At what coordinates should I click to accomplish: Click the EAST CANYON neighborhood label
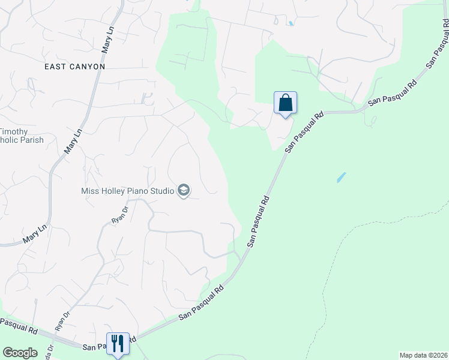pyautogui.click(x=74, y=66)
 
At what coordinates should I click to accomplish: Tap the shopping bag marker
pyautogui.click(x=286, y=103)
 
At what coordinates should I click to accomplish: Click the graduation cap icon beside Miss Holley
pyautogui.click(x=184, y=191)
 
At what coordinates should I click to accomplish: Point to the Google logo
pyautogui.click(x=20, y=353)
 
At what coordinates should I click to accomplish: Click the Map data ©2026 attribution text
pyautogui.click(x=423, y=355)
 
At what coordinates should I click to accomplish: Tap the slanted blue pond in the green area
pyautogui.click(x=340, y=178)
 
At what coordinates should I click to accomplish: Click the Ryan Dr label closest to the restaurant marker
pyautogui.click(x=62, y=321)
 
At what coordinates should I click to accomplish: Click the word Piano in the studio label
pyautogui.click(x=140, y=191)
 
